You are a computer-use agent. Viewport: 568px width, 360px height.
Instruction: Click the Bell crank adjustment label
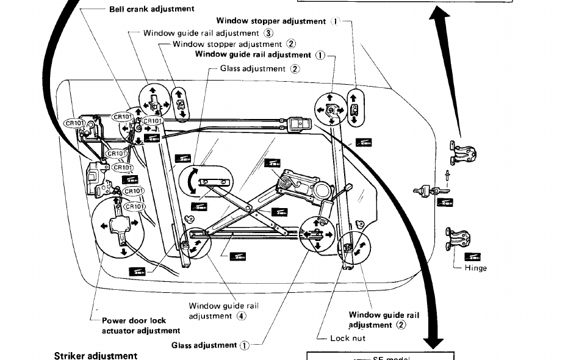pyautogui.click(x=152, y=9)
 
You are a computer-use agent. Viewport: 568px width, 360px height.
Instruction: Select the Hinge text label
pyautogui.click(x=476, y=268)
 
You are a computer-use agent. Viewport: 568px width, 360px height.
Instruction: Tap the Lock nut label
pyautogui.click(x=347, y=338)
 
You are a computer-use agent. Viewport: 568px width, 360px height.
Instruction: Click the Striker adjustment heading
pyautogui.click(x=96, y=355)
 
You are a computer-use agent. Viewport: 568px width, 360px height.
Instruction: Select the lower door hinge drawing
pyautogui.click(x=458, y=238)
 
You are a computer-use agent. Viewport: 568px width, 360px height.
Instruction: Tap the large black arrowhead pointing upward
pyautogui.click(x=438, y=18)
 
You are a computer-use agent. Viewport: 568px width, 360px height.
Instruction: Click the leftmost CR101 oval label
pyautogui.click(x=76, y=123)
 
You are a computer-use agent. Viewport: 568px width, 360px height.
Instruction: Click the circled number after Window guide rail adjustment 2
pyautogui.click(x=401, y=325)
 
